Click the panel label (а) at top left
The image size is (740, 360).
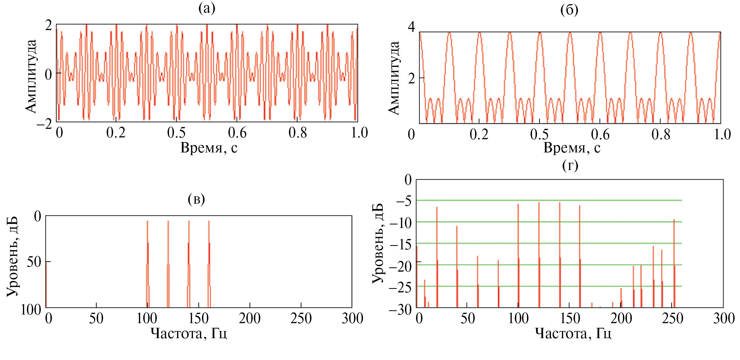[207, 8]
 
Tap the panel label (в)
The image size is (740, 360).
[196, 199]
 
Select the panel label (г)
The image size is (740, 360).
[570, 165]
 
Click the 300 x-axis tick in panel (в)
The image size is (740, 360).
[352, 318]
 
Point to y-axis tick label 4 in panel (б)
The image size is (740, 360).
[411, 27]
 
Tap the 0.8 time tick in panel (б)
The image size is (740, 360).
[661, 135]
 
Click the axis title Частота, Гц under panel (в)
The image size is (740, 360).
[188, 334]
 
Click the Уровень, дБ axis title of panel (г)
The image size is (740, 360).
[377, 243]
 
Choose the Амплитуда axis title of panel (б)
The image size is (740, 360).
[394, 78]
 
